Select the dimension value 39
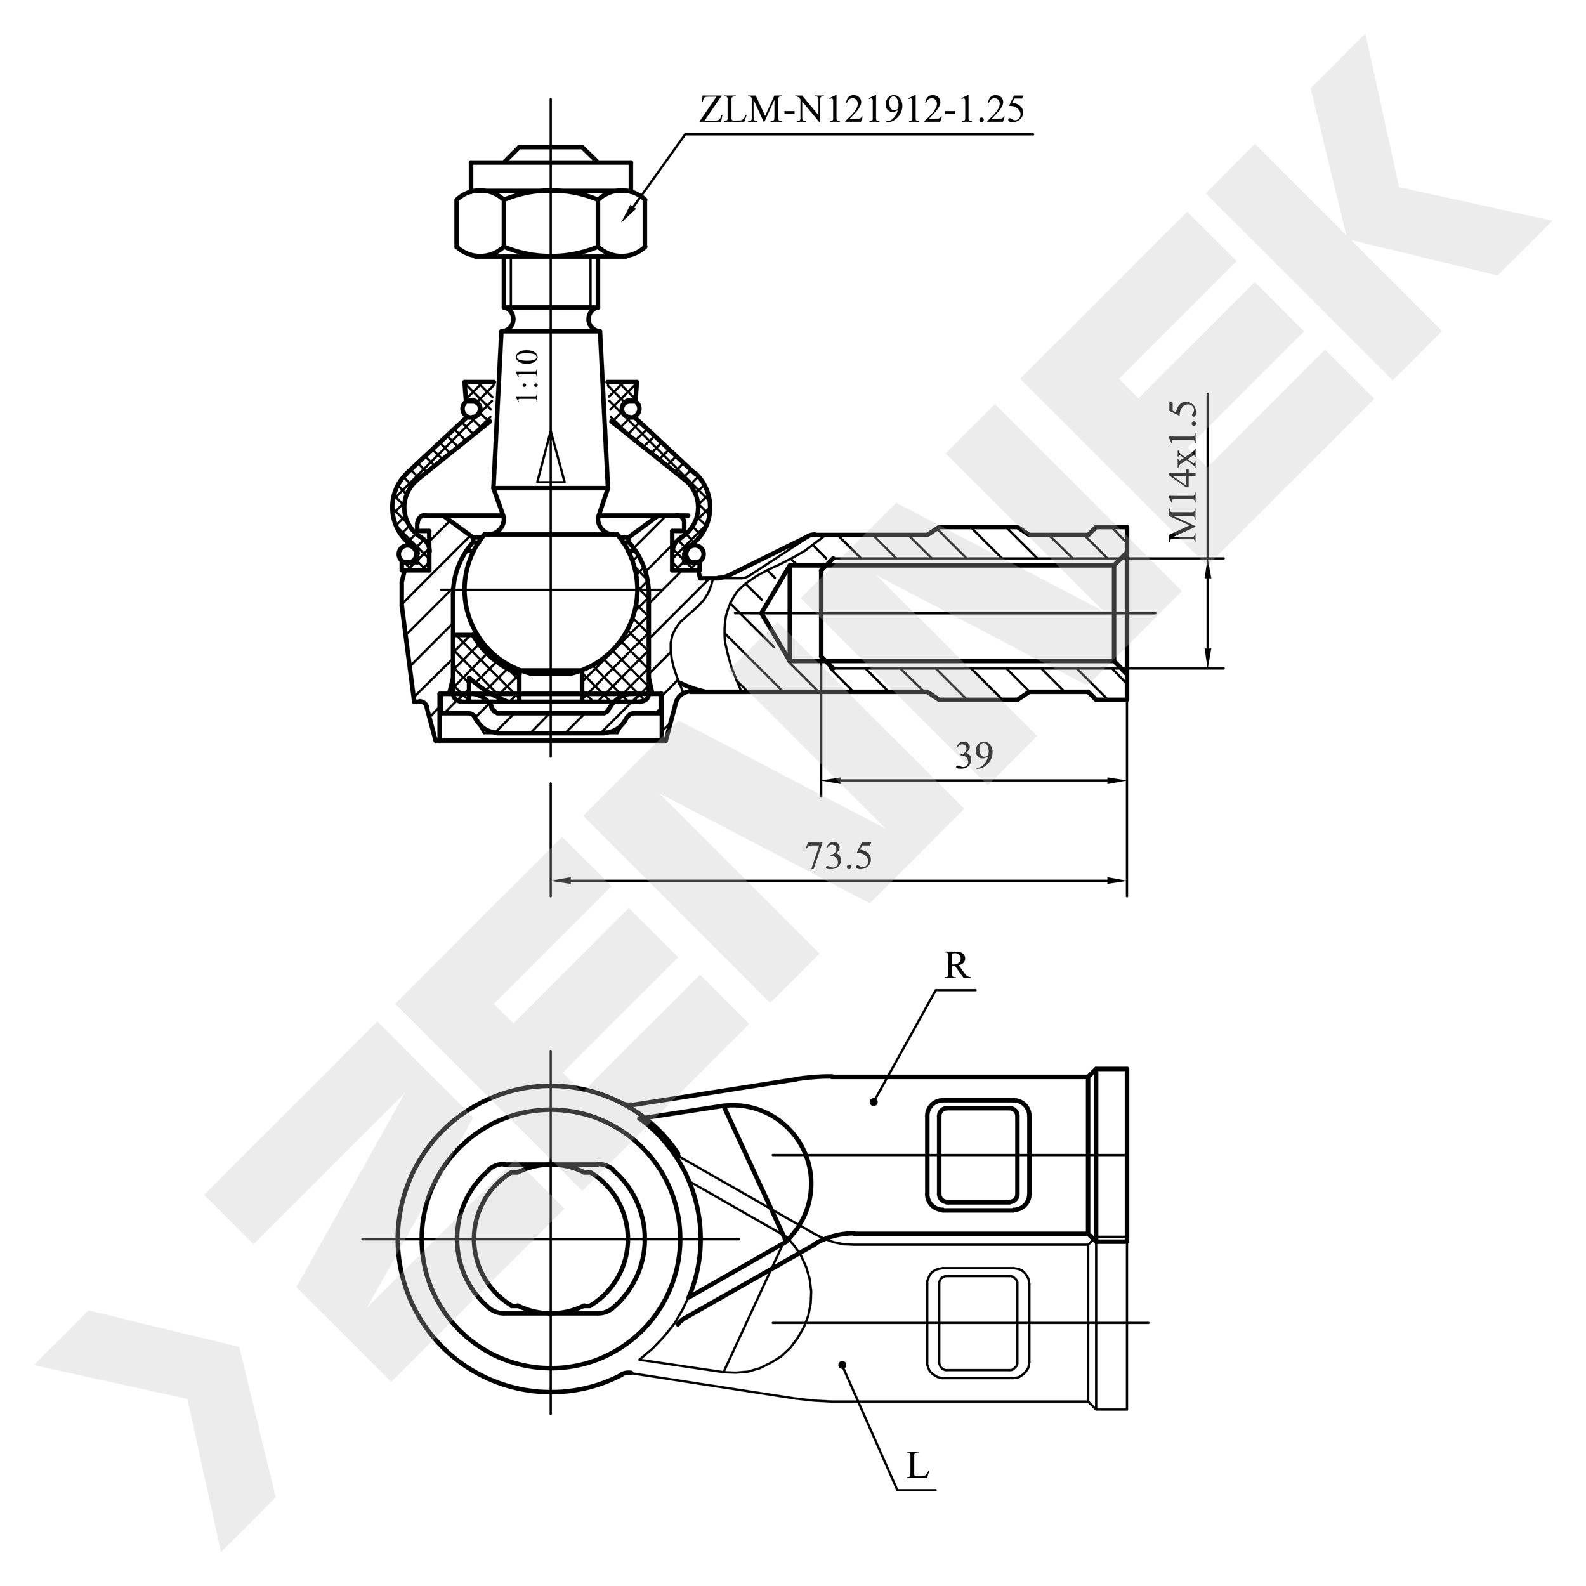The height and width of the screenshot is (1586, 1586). [x=974, y=754]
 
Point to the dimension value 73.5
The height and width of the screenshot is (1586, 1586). [x=838, y=856]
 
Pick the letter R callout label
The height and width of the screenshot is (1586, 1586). [x=957, y=966]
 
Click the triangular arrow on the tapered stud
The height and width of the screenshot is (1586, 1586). [x=551, y=460]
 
